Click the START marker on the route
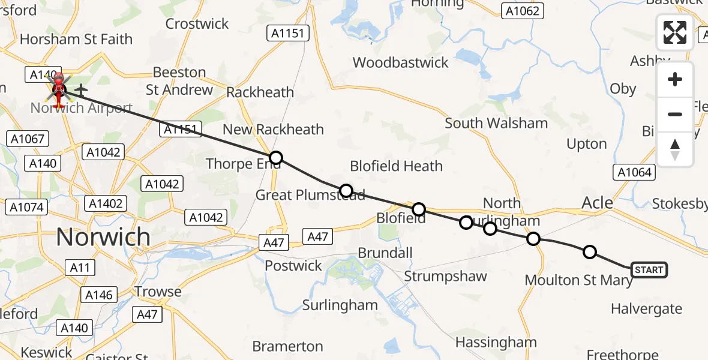[649, 270]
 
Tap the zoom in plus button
[675, 80]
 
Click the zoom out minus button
[675, 114]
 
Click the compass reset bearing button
[675, 149]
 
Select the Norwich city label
[103, 237]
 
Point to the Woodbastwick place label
[401, 62]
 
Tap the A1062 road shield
[523, 10]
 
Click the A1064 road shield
[635, 173]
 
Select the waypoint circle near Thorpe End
[275, 158]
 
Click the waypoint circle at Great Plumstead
[346, 191]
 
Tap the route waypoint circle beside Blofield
[419, 209]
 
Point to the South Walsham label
[496, 124]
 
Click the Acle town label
[598, 203]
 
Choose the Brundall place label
[385, 253]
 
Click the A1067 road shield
[28, 139]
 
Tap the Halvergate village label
[646, 309]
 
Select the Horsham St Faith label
[76, 40]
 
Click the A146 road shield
[98, 295]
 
